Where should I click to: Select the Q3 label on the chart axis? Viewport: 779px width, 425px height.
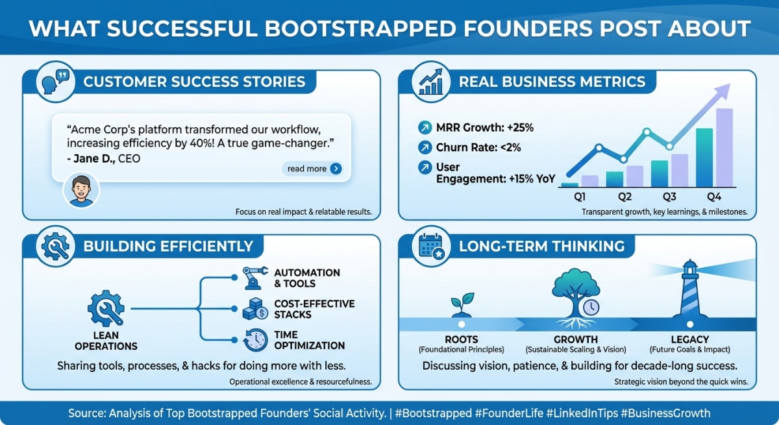pos(669,197)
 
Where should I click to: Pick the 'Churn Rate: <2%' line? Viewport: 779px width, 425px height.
pos(478,147)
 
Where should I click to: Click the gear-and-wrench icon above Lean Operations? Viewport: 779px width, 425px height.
pos(106,309)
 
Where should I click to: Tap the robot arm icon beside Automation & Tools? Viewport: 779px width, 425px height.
pos(254,278)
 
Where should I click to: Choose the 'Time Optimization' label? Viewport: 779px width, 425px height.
pos(309,340)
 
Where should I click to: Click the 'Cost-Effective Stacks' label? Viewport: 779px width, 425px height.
pos(314,309)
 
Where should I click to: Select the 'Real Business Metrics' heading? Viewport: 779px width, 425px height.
pos(552,82)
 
